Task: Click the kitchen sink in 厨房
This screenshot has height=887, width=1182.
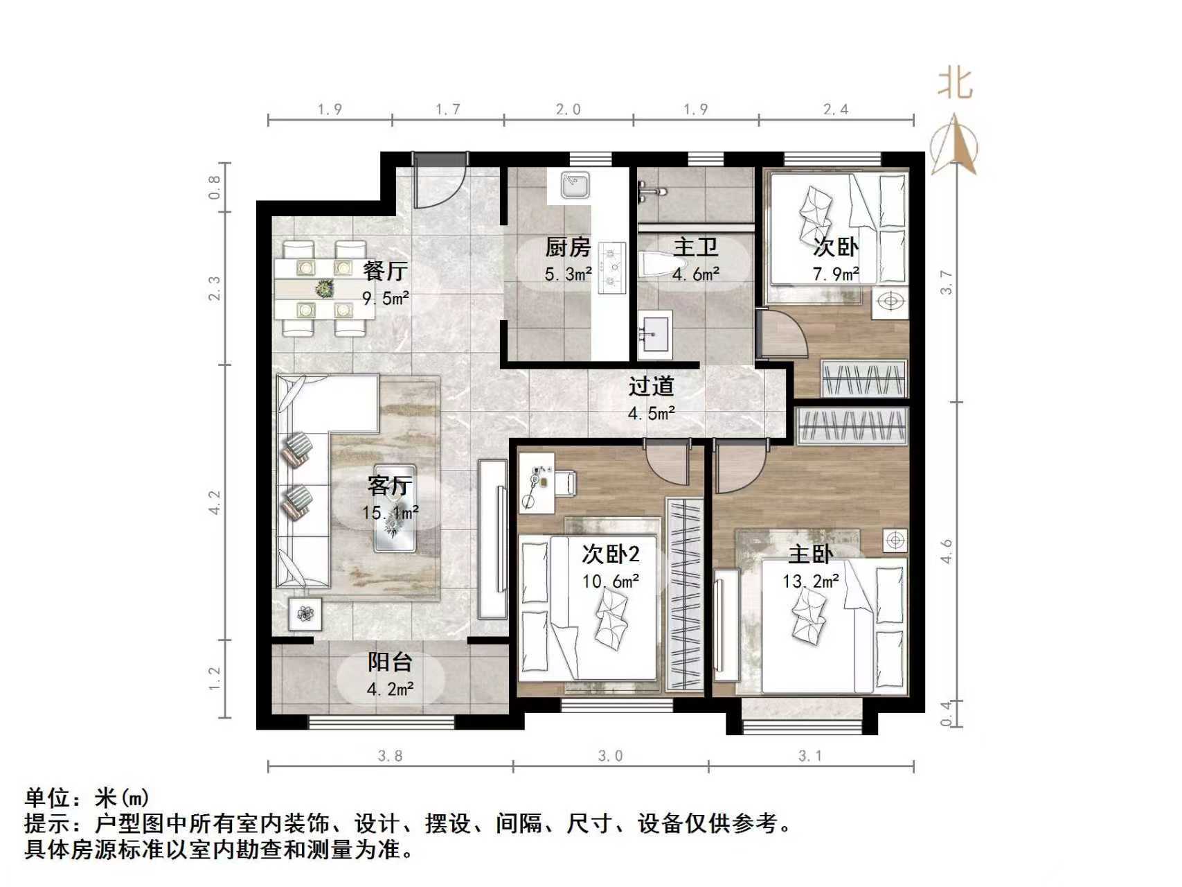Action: point(574,185)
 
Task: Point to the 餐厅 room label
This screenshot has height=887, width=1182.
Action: point(385,270)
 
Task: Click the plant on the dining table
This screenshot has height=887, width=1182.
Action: point(324,288)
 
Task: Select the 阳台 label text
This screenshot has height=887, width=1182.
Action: point(390,662)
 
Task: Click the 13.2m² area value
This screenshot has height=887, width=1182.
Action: point(810,581)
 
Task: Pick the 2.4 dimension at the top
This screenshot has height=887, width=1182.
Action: point(835,109)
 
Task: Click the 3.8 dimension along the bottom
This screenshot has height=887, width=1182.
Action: point(390,755)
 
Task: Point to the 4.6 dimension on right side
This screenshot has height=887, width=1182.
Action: point(947,551)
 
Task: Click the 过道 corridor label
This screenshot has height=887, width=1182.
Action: point(651,386)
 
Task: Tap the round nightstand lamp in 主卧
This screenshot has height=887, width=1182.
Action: point(895,539)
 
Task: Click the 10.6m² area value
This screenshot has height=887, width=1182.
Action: point(609,581)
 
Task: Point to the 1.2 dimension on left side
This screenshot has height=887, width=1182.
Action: point(214,678)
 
